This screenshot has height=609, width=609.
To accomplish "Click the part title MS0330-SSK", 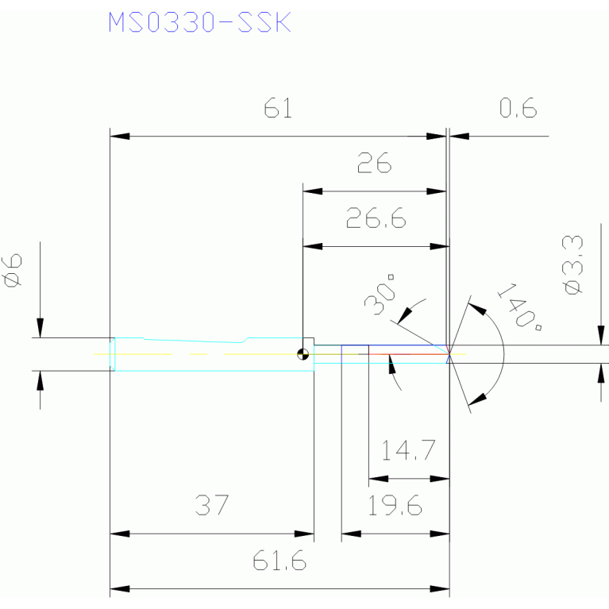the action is pyautogui.click(x=199, y=22).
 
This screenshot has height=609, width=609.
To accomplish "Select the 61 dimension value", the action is pyautogui.click(x=278, y=107).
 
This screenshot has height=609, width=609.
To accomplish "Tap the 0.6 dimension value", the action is pyautogui.click(x=518, y=107).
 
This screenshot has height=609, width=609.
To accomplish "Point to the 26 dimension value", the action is pyautogui.click(x=375, y=163).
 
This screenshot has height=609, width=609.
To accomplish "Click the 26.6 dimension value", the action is pyautogui.click(x=376, y=218).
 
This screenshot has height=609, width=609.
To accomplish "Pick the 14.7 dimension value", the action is pyautogui.click(x=408, y=450).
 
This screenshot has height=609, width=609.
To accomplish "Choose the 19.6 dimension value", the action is pyautogui.click(x=395, y=505).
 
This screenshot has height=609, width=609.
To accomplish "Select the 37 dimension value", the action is pyautogui.click(x=212, y=505).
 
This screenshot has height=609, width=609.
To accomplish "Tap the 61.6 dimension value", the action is pyautogui.click(x=279, y=561).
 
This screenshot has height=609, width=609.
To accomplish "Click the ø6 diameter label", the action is pyautogui.click(x=13, y=270).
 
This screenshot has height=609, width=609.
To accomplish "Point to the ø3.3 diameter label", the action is pyautogui.click(x=572, y=265).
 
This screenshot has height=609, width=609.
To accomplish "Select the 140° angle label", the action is pyautogui.click(x=520, y=306).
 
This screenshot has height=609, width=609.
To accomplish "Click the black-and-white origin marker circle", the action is pyautogui.click(x=303, y=354).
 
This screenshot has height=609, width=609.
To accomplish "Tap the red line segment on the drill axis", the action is pyautogui.click(x=409, y=354).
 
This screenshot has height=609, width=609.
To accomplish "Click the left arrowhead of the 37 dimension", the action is pyautogui.click(x=120, y=534).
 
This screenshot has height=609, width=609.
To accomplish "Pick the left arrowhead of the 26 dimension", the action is pyautogui.click(x=312, y=191).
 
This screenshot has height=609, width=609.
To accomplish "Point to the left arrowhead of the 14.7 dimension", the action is pyautogui.click(x=378, y=479).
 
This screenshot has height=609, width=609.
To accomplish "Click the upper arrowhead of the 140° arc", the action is pyautogui.click(x=477, y=309).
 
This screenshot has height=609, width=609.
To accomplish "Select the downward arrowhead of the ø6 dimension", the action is pyautogui.click(x=40, y=328).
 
